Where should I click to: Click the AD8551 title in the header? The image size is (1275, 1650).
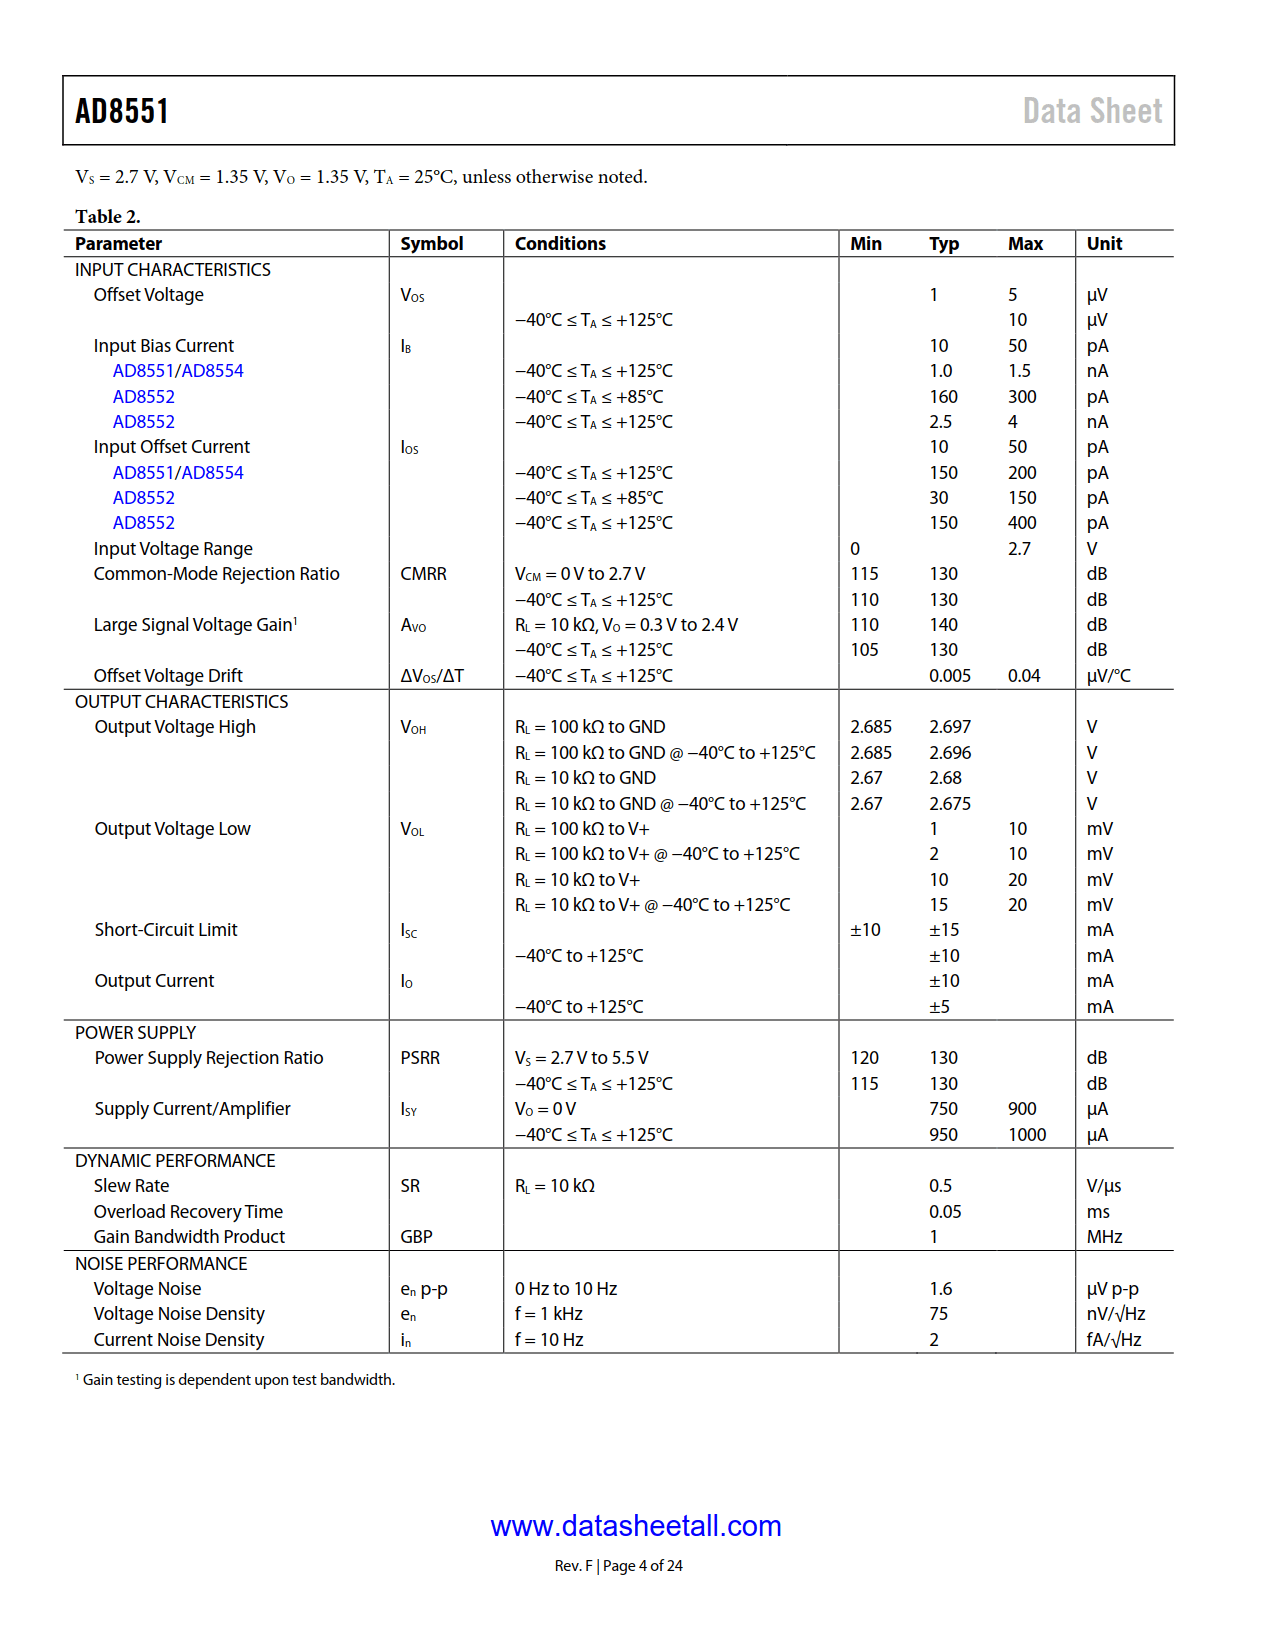(x=122, y=111)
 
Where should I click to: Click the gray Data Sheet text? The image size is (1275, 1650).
(x=1092, y=111)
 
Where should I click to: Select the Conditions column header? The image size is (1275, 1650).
(x=560, y=244)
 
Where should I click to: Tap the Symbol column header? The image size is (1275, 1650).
(x=431, y=244)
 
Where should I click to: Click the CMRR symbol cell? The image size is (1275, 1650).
(x=423, y=574)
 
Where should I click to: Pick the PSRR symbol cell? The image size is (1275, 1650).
(x=420, y=1058)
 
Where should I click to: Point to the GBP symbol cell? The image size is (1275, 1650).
(x=416, y=1237)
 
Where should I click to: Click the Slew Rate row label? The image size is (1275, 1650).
(x=131, y=1186)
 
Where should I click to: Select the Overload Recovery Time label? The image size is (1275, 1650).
(x=188, y=1212)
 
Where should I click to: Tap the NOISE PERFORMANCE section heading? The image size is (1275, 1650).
(x=161, y=1264)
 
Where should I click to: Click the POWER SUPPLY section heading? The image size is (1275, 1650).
(x=135, y=1033)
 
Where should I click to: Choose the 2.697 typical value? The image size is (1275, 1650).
(x=949, y=727)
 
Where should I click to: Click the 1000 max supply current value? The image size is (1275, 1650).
(x=1027, y=1135)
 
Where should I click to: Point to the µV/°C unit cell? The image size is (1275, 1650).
(x=1108, y=676)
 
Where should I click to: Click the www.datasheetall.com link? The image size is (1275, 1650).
(x=636, y=1526)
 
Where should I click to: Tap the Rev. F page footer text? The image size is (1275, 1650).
(x=618, y=1566)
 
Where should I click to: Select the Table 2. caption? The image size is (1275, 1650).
(x=108, y=217)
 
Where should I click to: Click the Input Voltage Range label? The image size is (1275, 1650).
(x=173, y=549)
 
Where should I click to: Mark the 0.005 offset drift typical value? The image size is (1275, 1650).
(x=949, y=676)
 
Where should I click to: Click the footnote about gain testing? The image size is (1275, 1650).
(x=238, y=1380)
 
